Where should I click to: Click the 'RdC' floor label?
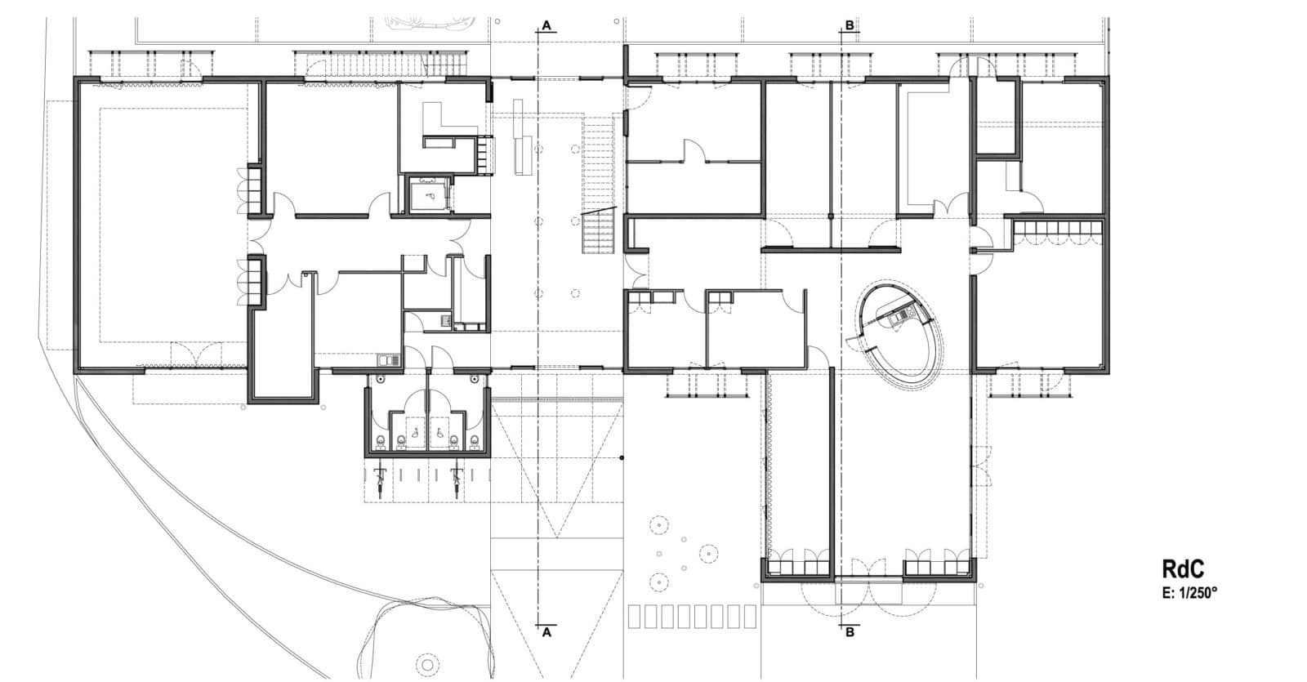[1183, 568]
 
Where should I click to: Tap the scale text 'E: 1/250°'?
[1189, 593]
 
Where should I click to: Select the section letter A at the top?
[546, 25]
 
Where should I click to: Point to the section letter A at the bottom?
[546, 632]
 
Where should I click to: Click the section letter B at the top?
[850, 25]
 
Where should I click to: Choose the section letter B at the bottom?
[850, 632]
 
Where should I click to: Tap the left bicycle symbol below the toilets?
[381, 481]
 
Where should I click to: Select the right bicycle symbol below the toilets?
[457, 481]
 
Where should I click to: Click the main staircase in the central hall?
[599, 184]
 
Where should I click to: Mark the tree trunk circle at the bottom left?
[428, 665]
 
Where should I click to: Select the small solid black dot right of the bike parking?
[622, 458]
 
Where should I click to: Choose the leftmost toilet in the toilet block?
[381, 442]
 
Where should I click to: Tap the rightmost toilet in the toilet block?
[475, 442]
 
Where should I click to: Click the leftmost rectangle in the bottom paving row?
[634, 617]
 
